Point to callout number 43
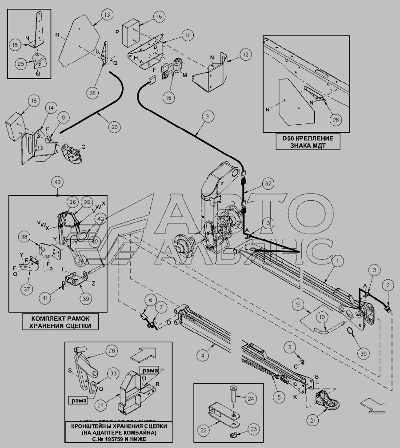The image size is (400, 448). (x=58, y=182)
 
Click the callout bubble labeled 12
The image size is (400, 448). (x=244, y=54)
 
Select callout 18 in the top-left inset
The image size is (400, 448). (x=15, y=45)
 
